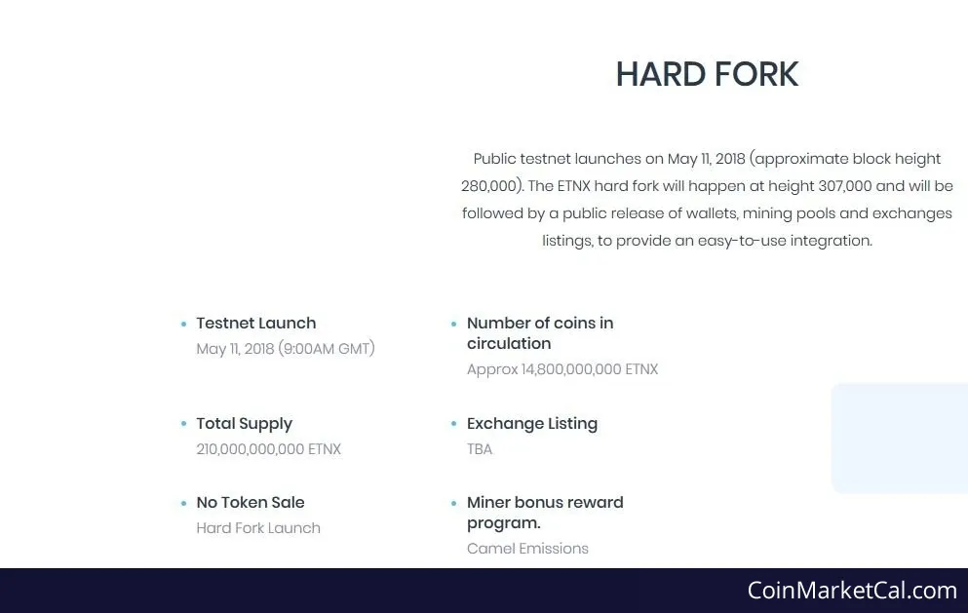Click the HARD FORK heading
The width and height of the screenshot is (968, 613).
[707, 74]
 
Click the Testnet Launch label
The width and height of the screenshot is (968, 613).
[256, 323]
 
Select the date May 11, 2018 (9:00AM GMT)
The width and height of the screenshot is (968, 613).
[286, 349]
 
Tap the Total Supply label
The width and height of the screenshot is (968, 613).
[245, 424]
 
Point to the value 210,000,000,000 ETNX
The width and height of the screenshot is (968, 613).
[268, 449]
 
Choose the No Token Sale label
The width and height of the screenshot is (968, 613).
[251, 503]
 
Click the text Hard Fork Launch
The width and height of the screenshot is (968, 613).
[258, 528]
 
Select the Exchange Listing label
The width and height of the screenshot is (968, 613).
[532, 424]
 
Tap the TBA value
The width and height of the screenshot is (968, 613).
[480, 449]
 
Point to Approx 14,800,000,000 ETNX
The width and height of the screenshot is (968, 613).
[562, 369]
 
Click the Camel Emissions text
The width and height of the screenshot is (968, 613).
[527, 548]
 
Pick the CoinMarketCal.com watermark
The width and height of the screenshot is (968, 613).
[852, 591]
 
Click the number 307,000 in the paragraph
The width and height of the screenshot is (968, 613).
[844, 186]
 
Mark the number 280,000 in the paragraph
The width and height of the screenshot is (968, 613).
[488, 186]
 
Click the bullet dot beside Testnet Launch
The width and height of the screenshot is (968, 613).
[183, 324]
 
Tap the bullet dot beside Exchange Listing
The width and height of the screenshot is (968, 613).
[453, 424]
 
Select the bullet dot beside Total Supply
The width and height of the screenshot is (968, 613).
[183, 424]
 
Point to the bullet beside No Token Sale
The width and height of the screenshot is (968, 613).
[183, 503]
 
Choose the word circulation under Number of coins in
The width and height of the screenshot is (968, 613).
[509, 343]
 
